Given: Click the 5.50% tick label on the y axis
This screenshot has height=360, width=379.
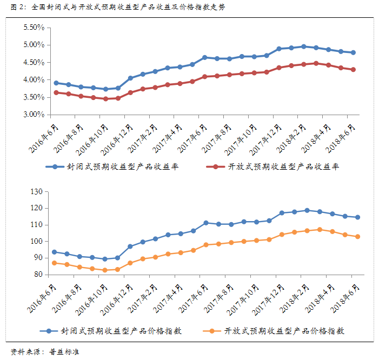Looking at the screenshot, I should [x=33, y=27].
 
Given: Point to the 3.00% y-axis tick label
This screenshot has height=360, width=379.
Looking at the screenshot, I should [x=33, y=115].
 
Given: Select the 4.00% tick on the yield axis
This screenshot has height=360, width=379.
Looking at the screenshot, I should [x=33, y=79].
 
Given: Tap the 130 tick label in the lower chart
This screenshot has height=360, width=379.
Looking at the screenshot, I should [x=37, y=191].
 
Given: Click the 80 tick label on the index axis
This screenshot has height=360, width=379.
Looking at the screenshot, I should [x=38, y=275].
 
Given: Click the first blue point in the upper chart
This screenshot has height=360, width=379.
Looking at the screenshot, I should [x=56, y=83].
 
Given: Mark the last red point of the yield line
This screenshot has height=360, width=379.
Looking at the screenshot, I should [x=353, y=70].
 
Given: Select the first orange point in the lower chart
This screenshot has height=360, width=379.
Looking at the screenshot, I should [x=54, y=263].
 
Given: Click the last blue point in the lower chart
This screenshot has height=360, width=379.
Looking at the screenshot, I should [x=357, y=217].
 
